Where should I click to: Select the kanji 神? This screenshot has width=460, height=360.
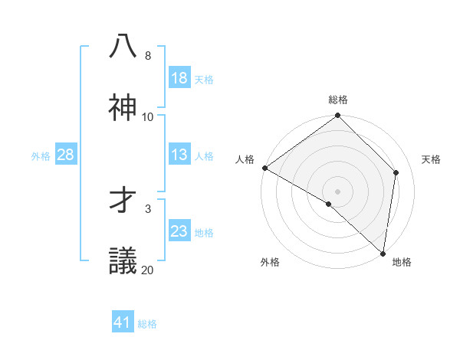[x=123, y=107]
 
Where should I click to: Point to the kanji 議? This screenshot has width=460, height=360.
[x=123, y=260]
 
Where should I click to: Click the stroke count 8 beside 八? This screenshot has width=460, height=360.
[x=148, y=56]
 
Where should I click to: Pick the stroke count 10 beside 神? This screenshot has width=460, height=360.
[x=148, y=117]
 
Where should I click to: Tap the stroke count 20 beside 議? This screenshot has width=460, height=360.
[x=148, y=270]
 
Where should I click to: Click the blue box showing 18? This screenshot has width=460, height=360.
[x=179, y=78]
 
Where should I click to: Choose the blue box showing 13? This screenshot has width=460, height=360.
[x=179, y=155]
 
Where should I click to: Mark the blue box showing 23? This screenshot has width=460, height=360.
[x=179, y=231]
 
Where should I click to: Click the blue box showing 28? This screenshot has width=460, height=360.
[x=66, y=155]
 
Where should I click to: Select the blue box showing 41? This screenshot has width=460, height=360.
[x=123, y=322]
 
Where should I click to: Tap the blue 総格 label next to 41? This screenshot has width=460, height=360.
[x=147, y=324]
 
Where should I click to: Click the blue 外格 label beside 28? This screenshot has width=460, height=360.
[x=41, y=156]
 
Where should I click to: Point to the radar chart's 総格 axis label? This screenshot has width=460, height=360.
[x=338, y=100]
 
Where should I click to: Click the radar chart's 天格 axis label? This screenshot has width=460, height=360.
[x=431, y=159]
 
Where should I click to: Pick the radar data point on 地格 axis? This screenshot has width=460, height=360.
[x=383, y=254]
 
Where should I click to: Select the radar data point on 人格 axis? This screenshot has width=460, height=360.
[x=264, y=168]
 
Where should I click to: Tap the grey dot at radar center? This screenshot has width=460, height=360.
[x=338, y=191]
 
